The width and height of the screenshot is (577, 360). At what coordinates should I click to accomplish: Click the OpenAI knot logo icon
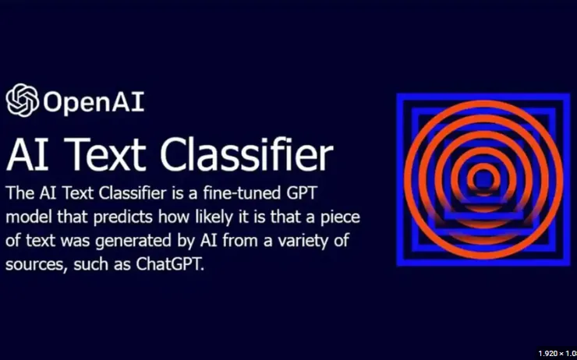tap(22, 100)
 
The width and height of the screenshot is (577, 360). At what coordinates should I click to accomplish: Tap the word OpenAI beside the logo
tap(94, 102)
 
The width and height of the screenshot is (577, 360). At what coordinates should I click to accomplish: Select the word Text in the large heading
tap(105, 155)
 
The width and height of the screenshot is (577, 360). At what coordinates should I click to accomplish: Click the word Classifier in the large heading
tap(246, 154)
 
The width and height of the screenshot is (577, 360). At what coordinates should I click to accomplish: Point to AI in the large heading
tap(27, 155)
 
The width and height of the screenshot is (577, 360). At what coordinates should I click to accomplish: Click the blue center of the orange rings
tap(483, 179)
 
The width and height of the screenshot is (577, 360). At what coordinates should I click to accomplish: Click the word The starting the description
tap(20, 193)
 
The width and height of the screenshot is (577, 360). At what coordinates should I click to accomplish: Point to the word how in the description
tap(171, 217)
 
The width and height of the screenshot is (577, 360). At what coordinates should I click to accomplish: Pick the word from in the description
tap(238, 242)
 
